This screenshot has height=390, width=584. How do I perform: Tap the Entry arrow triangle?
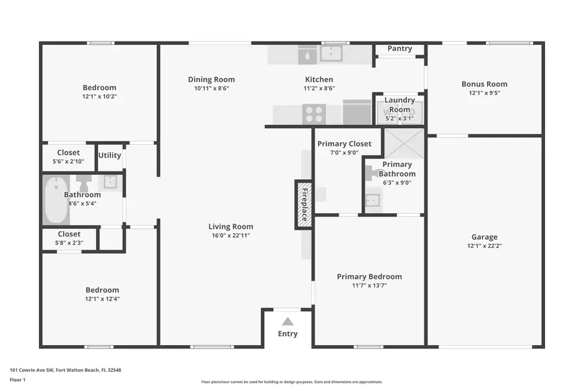(287, 322)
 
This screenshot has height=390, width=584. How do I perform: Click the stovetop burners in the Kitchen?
(314, 114)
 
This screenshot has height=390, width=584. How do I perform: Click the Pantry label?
(400, 49)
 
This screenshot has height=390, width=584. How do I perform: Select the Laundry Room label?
(400, 105)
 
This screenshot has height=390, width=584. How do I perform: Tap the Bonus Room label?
(484, 84)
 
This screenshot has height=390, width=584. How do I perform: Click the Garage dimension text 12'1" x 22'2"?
(484, 246)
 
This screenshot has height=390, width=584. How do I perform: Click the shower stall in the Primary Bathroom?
(404, 143)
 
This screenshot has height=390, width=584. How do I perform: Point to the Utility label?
(110, 155)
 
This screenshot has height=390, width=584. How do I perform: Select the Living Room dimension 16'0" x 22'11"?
(230, 235)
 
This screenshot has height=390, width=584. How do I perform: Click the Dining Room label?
(212, 80)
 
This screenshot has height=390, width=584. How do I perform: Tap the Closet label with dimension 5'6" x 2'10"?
(68, 153)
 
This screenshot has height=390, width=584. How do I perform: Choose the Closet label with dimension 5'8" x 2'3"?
(69, 234)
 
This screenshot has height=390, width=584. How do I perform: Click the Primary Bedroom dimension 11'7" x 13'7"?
(369, 285)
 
